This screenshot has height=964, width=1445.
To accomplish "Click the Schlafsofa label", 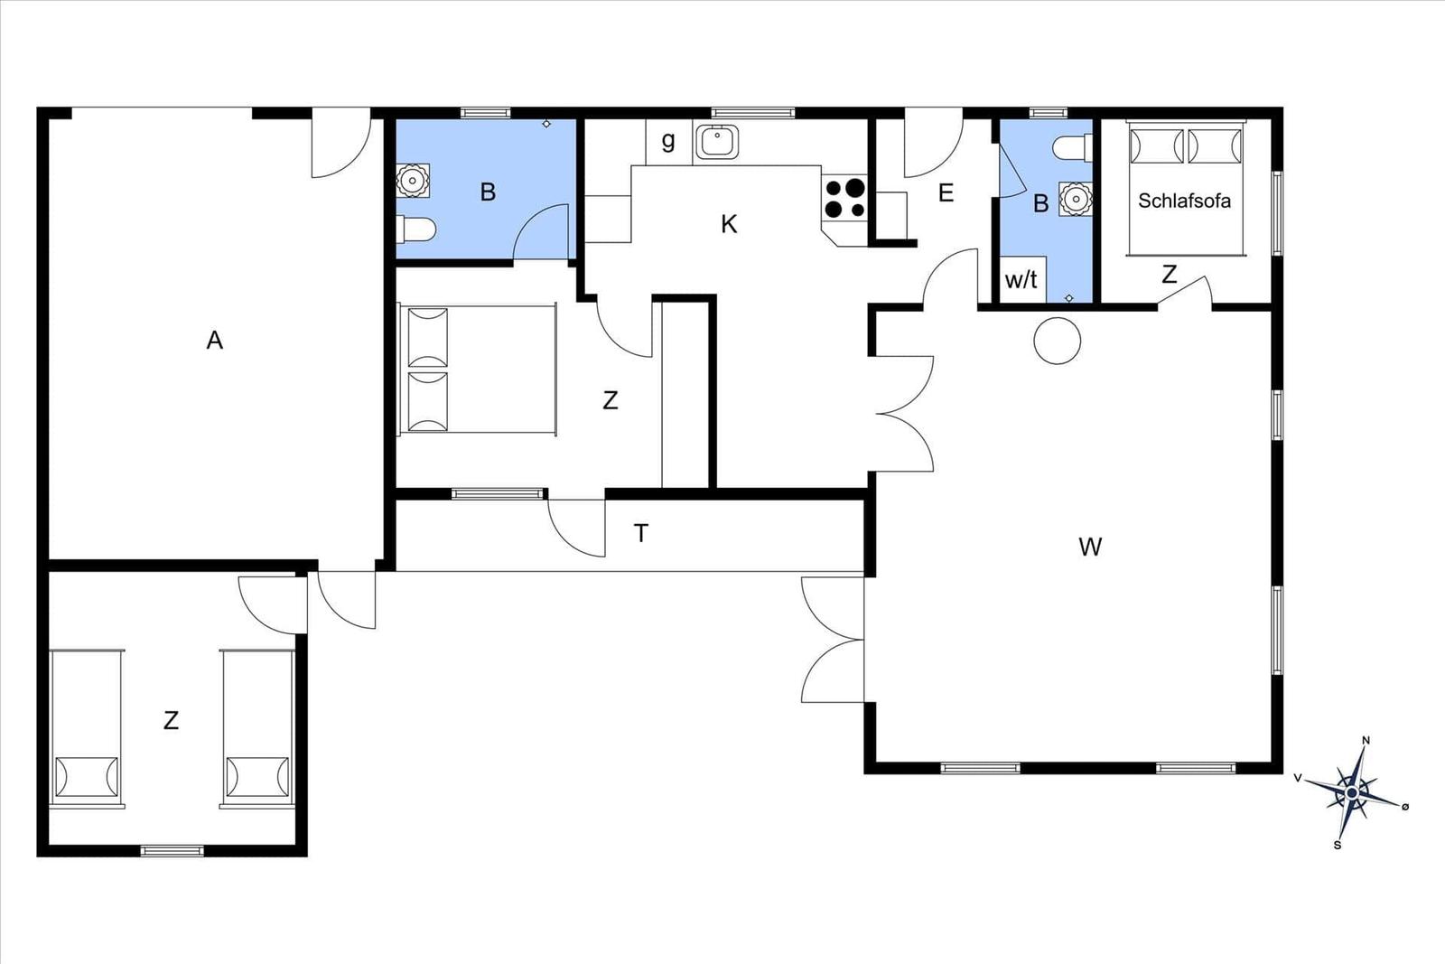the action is [x=1184, y=201].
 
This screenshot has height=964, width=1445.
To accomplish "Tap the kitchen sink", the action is [x=717, y=142].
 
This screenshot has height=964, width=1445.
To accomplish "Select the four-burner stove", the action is [x=845, y=199].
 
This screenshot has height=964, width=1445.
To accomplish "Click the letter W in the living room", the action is [x=1090, y=548].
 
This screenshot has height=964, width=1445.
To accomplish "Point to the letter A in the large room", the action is [x=215, y=340].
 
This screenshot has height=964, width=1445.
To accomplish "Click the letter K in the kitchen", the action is [x=729, y=225].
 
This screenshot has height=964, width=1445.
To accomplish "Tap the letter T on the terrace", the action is [x=641, y=534].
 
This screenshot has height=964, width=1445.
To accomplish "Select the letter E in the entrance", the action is [x=946, y=193].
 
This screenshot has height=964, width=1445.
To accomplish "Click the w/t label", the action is [x=1021, y=280].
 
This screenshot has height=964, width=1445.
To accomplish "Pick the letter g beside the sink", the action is [x=668, y=141].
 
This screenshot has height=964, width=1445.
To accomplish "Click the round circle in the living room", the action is [x=1057, y=341].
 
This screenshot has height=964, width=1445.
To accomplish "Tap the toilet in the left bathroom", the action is [x=416, y=229].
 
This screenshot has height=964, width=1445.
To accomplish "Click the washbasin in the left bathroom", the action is [x=412, y=181].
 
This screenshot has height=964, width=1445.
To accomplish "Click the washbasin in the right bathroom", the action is [x=1076, y=199].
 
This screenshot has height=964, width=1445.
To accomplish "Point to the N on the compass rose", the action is [x=1366, y=740].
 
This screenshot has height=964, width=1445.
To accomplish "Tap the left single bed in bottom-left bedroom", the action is [x=87, y=728].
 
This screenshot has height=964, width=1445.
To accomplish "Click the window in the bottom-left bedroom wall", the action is [x=172, y=851].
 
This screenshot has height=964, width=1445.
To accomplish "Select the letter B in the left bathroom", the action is [x=488, y=192].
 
